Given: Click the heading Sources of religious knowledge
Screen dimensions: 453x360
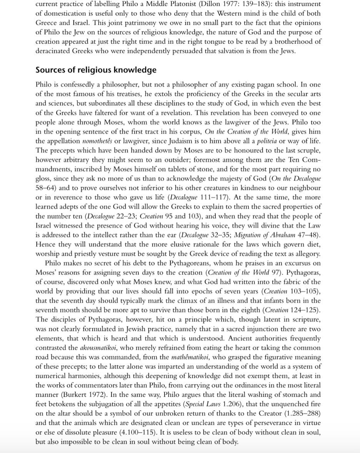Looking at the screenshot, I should [x=96, y=70].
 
